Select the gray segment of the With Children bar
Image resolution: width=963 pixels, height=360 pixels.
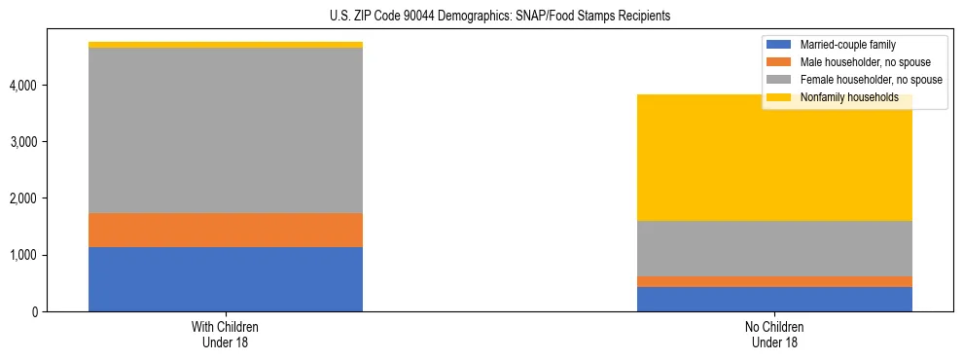[x=226, y=130]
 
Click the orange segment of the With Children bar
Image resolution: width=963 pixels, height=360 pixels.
[x=226, y=230]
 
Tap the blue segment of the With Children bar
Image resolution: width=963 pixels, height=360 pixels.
[x=226, y=279]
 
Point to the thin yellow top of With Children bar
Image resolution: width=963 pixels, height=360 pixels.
[x=226, y=45]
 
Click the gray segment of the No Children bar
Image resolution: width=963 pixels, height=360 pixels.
[x=774, y=248]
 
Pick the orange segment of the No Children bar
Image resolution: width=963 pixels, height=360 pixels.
[x=774, y=281]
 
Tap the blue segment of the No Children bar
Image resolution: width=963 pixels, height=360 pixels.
[x=774, y=299]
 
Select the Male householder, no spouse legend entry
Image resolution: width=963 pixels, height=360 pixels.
[x=861, y=62]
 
